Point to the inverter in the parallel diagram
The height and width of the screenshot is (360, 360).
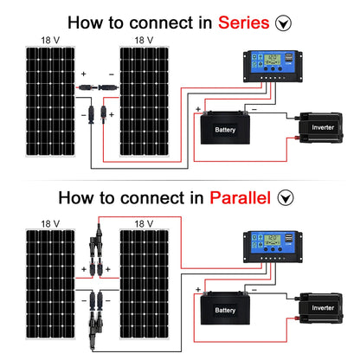320,307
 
